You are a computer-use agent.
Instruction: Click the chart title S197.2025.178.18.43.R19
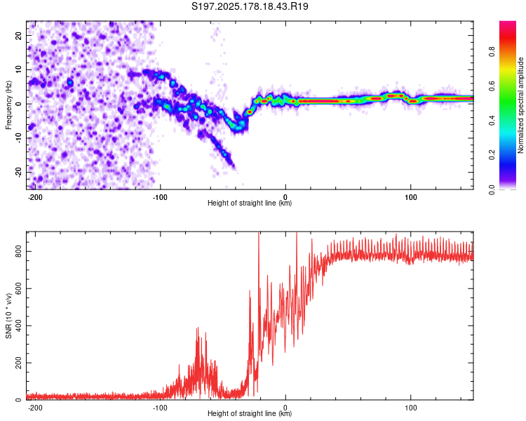click(250, 6)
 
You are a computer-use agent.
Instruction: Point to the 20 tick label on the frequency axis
click(18, 35)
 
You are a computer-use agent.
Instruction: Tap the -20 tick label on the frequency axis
click(18, 173)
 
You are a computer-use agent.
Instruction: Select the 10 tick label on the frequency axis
click(18, 69)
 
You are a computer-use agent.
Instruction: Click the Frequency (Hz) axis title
click(8, 105)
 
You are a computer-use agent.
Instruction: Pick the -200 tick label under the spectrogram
click(35, 197)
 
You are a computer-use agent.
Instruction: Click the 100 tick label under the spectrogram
click(410, 197)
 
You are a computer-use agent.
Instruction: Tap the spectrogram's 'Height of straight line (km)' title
click(250, 203)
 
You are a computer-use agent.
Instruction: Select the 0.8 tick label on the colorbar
click(492, 52)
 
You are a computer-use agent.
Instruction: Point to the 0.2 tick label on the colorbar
click(492, 155)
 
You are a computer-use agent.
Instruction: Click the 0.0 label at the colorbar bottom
click(492, 189)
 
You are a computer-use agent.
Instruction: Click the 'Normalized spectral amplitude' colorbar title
click(520, 105)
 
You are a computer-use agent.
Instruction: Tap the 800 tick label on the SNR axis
click(18, 251)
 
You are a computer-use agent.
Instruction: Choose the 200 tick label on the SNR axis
click(18, 363)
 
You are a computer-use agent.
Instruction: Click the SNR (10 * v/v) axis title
click(8, 316)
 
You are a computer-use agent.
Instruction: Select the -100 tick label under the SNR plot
click(160, 408)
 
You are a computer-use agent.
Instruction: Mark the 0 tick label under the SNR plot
click(285, 408)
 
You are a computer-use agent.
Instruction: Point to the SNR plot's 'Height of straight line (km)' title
click(250, 413)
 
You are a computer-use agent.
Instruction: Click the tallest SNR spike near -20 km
click(259, 233)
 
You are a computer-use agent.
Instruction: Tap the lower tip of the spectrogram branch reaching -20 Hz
click(234, 167)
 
